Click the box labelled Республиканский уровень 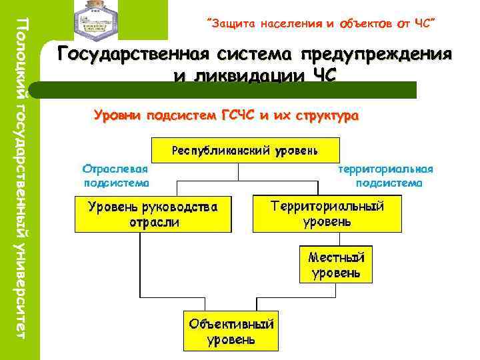tap(245, 150)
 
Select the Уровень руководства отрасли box tap(153, 214)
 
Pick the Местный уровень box tap(336, 264)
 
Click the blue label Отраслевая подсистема tap(115, 175)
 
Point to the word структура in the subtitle tap(324, 117)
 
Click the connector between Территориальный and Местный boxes tap(336, 239)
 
